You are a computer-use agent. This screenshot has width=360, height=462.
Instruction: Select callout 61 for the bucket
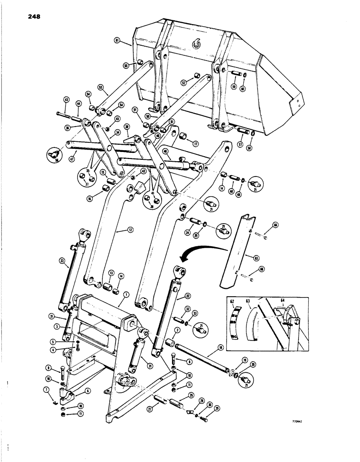[117, 41]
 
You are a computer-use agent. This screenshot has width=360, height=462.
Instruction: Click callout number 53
[100, 86]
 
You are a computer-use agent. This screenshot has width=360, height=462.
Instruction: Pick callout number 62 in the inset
[232, 303]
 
